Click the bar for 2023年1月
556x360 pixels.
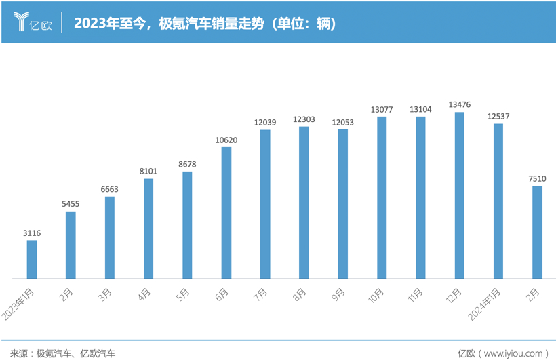coord(32,259)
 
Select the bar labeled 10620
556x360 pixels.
coord(226,212)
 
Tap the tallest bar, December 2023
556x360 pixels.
coord(460,195)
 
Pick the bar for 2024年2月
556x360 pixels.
coord(537,232)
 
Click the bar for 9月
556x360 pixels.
coord(343,203)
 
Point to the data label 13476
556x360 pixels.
coord(460,104)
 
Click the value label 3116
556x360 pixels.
coord(32,233)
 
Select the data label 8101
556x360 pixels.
coord(148,172)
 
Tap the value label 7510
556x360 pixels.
coord(537,178)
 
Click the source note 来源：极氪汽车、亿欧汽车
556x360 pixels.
coord(58,353)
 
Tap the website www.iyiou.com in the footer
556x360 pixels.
coord(511,353)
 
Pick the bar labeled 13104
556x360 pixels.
coord(421,197)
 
